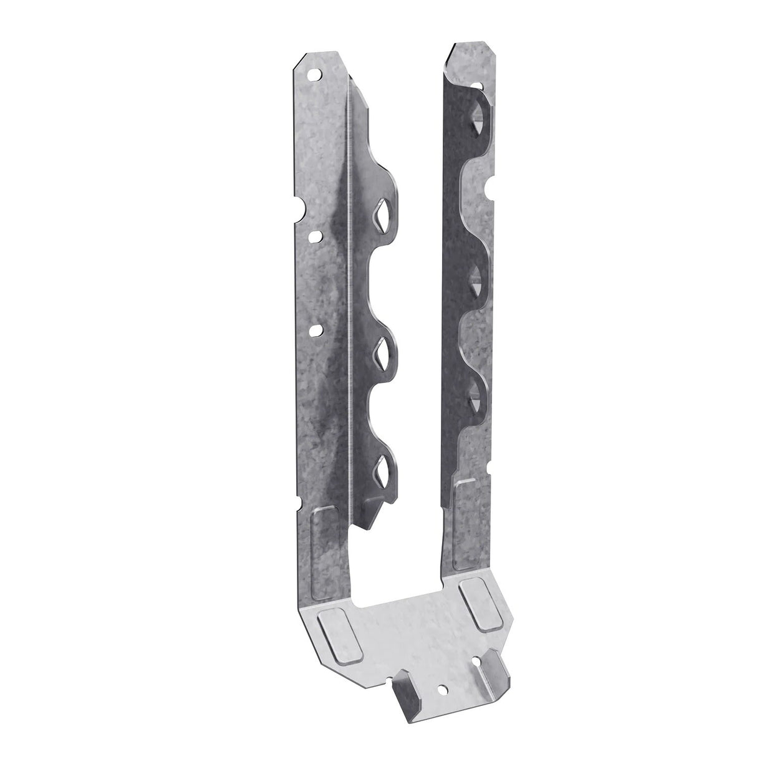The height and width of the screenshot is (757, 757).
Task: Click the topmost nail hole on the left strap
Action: (x=317, y=74)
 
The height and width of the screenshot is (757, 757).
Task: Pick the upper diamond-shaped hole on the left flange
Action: (x=378, y=216)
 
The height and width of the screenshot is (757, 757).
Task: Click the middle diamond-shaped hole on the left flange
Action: (x=379, y=354)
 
